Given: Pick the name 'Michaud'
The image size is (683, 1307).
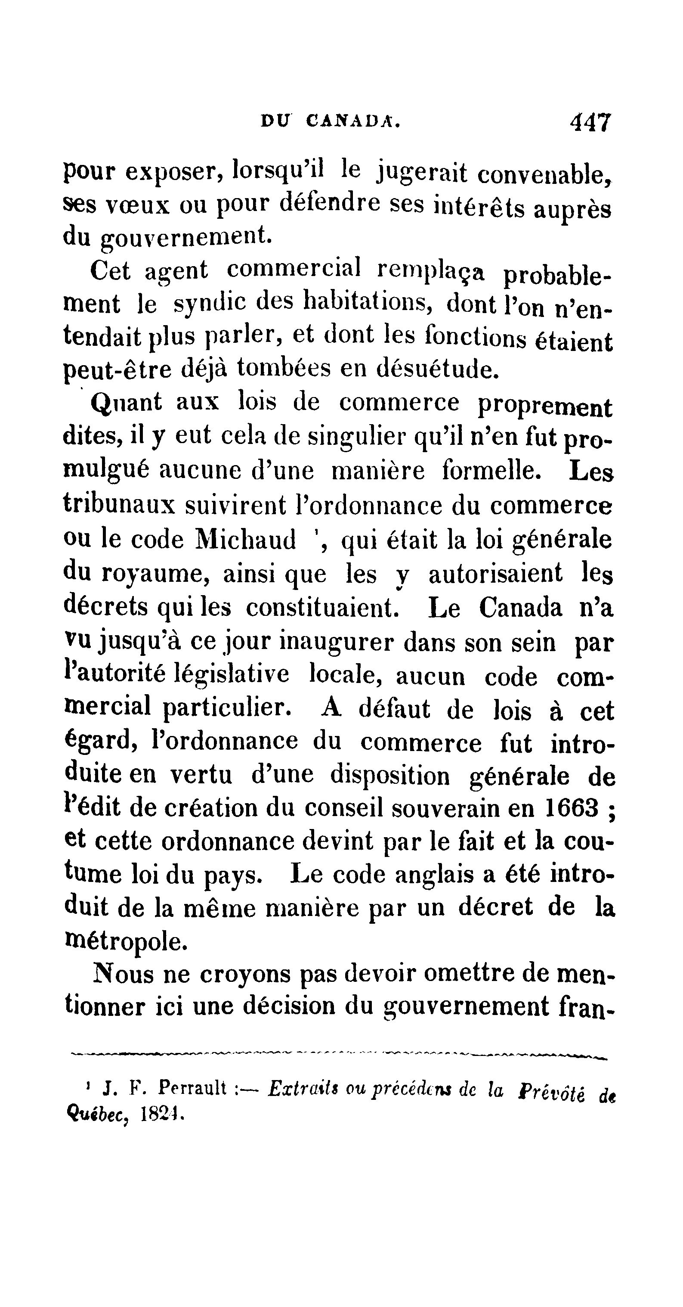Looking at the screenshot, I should point(245,539).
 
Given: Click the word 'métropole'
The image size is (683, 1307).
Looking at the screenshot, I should point(123,942).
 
